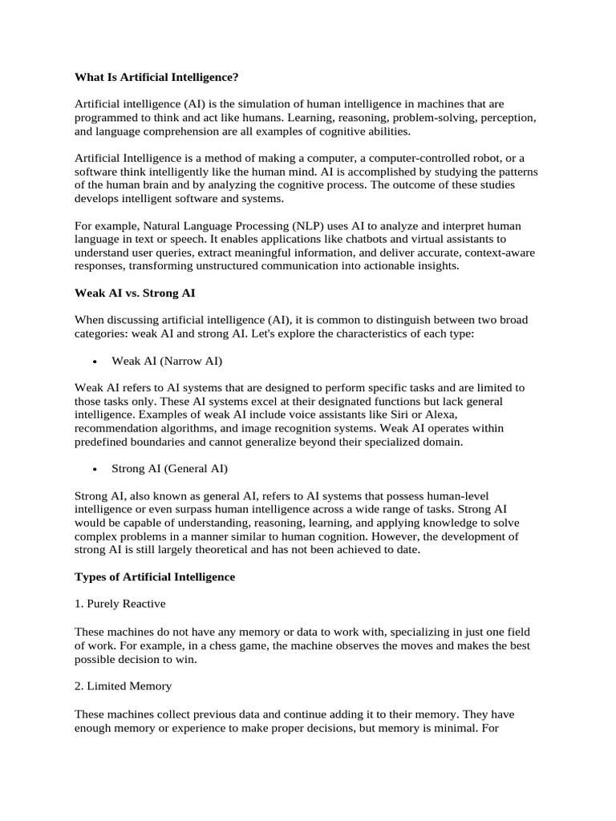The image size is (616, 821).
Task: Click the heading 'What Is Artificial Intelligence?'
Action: pos(157,78)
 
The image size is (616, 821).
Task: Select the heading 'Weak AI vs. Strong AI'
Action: pos(135,293)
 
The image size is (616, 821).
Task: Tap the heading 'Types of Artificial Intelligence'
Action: pos(155,576)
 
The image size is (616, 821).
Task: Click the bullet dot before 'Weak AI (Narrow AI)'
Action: pos(95,362)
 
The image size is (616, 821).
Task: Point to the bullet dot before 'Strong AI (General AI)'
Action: pos(95,469)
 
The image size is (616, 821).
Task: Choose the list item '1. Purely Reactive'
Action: pos(120,604)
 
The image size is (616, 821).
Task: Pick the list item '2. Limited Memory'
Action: pos(123,686)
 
